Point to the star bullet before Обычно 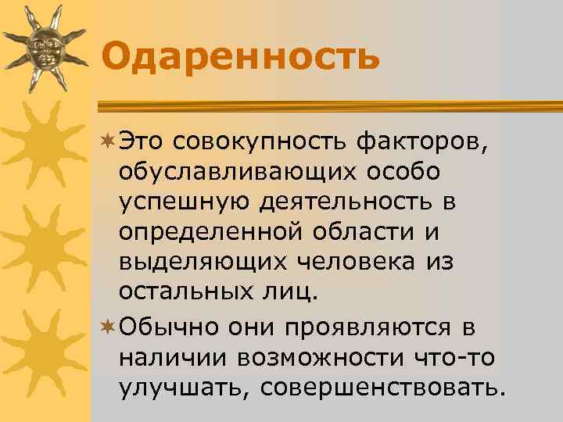tap(109, 324)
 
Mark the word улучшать tap(179, 385)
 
